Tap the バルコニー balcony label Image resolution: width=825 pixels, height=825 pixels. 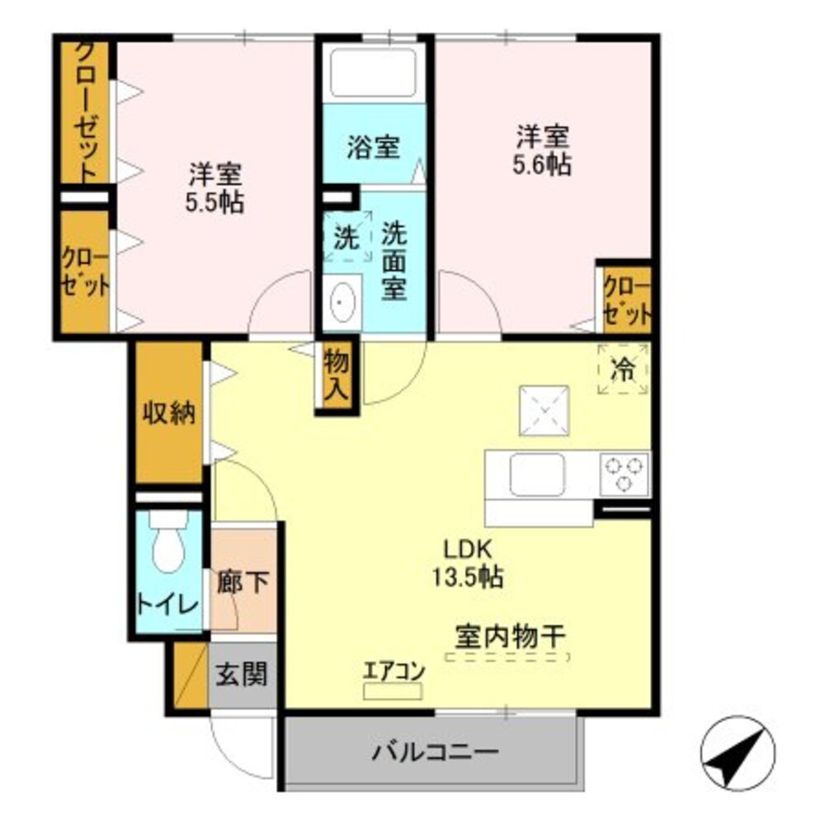[434, 752]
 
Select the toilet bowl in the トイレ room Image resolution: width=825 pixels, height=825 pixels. [167, 549]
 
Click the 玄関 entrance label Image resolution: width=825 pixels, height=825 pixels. [242, 676]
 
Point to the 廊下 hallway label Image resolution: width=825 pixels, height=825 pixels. [243, 582]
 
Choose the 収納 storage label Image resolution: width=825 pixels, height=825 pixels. [169, 412]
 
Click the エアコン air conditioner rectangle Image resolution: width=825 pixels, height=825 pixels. [393, 690]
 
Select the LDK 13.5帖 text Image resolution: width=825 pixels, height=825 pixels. [469, 563]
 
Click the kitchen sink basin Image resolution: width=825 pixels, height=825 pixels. [536, 475]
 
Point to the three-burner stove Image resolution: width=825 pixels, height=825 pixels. [625, 474]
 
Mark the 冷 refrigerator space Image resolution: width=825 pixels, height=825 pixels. [623, 370]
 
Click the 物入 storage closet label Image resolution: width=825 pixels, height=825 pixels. [337, 375]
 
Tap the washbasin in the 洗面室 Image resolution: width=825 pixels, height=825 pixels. [341, 304]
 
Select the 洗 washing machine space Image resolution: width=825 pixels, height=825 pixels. [346, 238]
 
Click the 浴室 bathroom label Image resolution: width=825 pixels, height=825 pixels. [373, 148]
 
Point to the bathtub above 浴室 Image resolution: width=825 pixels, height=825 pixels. [372, 73]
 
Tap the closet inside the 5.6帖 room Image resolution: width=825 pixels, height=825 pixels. [627, 299]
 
